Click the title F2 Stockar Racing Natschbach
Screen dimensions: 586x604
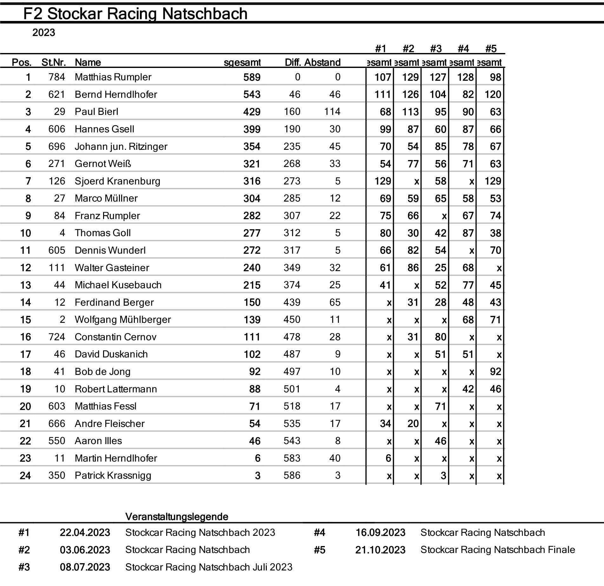coord(135,14)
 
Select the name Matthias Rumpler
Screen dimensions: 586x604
coord(113,77)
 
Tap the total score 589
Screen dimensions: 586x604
coord(252,77)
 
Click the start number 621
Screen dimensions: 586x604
coord(57,95)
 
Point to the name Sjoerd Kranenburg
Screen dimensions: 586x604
coord(117,181)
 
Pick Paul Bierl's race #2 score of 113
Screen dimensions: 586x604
coord(410,112)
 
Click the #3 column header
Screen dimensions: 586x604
coord(436,49)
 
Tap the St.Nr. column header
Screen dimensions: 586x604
coord(54,62)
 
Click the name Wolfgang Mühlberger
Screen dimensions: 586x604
coord(123,320)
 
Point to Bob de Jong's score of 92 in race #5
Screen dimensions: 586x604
coord(495,372)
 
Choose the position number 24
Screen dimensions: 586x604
coord(25,476)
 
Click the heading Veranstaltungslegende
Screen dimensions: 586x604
coord(177,517)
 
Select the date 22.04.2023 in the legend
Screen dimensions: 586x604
coord(85,533)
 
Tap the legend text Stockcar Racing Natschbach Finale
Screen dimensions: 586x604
coord(497,550)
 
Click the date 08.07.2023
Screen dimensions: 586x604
coord(85,567)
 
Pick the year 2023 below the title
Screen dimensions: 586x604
coord(43,33)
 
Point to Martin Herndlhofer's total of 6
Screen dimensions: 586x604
coord(257,458)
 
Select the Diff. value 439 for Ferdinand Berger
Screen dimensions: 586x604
coord(292,302)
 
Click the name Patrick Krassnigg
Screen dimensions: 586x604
coord(113,476)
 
